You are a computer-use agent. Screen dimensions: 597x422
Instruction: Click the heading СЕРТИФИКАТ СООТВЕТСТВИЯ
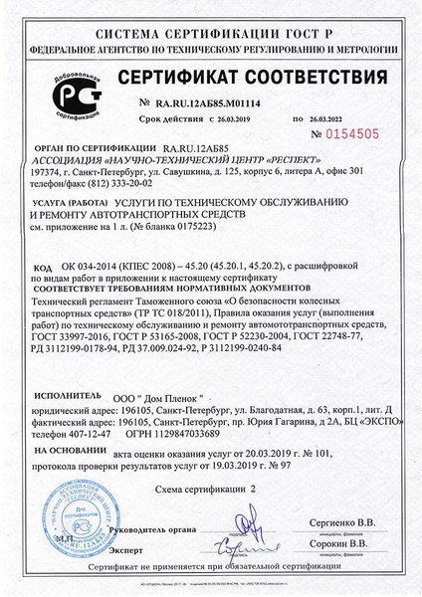tap(258, 78)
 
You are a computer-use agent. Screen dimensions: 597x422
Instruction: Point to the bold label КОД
tap(42, 268)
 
